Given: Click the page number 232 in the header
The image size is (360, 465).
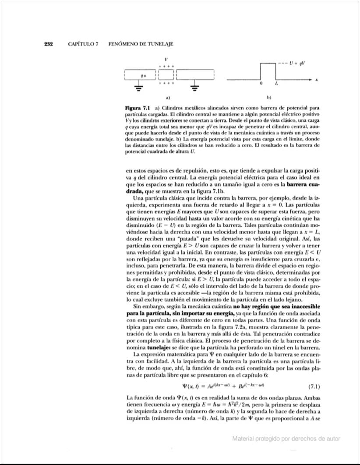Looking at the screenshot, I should (x=48, y=44).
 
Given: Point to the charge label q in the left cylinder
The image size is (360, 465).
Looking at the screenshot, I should (x=141, y=75).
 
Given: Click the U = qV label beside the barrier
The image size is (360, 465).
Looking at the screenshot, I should (x=297, y=63).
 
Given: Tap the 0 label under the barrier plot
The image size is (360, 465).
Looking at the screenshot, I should (x=261, y=83).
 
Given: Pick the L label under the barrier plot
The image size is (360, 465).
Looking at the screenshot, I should (x=275, y=83).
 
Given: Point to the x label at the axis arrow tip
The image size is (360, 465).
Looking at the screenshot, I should (x=316, y=80).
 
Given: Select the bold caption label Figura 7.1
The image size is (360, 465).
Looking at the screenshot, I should (x=138, y=107).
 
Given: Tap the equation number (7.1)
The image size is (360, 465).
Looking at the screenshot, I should (x=312, y=386).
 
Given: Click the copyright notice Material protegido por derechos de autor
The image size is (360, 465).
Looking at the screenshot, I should (x=286, y=438).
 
